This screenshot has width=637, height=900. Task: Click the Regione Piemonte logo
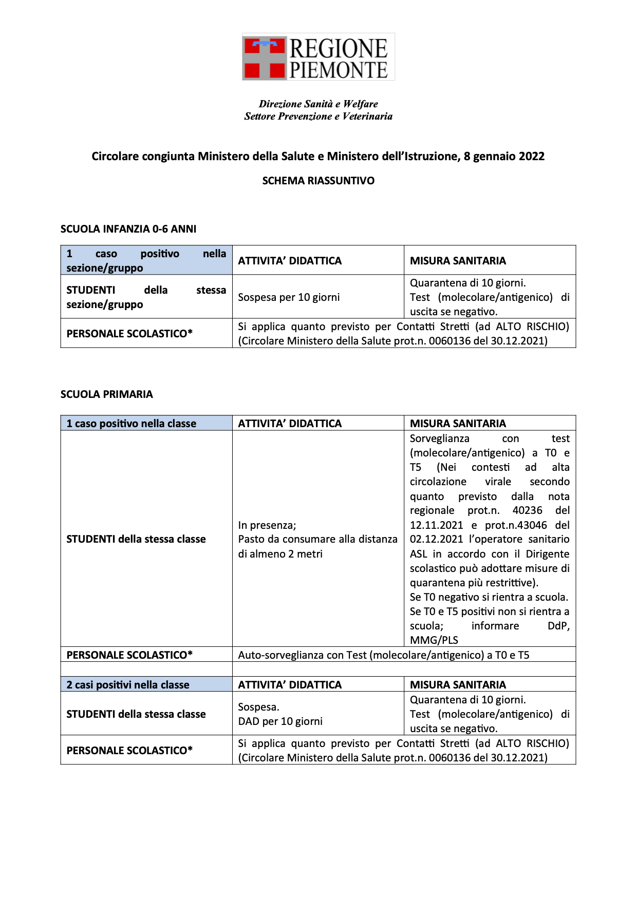[x=318, y=57]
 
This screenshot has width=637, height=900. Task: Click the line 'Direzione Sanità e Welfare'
[x=318, y=104]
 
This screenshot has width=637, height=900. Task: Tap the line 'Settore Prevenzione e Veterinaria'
[x=318, y=117]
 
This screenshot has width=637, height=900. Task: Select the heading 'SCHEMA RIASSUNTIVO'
[x=318, y=181]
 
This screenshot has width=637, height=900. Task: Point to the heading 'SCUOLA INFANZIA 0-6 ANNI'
[x=128, y=229]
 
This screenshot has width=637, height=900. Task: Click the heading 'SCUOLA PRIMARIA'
[x=107, y=394]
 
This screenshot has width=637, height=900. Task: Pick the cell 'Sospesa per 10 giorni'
[x=289, y=297]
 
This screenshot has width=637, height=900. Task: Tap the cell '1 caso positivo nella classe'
[x=132, y=424]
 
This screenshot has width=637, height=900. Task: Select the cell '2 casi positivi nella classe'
[x=128, y=685]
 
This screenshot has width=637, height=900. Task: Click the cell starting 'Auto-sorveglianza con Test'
[x=383, y=655]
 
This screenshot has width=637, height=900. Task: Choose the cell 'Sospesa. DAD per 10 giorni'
[x=280, y=714]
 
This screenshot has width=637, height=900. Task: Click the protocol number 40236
[x=527, y=511]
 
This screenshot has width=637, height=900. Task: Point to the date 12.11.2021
[x=436, y=525]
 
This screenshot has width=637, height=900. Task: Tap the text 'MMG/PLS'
[x=434, y=640]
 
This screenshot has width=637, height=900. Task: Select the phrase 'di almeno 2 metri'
[x=280, y=554]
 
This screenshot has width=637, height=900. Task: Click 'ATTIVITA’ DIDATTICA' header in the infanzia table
[x=290, y=261]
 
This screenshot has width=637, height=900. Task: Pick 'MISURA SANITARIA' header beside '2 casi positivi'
[x=458, y=685]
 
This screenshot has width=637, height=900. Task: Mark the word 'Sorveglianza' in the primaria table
[x=439, y=438]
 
